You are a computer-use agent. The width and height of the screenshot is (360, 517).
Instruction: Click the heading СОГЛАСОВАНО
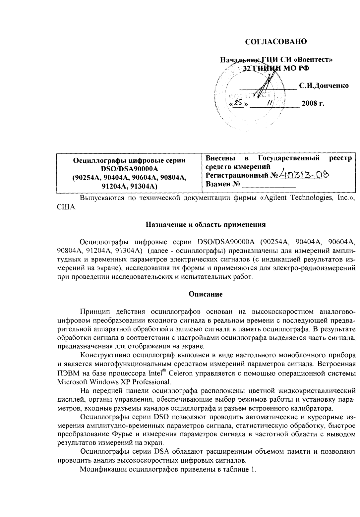(276, 41)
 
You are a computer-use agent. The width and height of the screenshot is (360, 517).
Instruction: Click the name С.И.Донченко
(324, 86)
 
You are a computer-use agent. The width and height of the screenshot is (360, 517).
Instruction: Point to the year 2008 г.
(313, 104)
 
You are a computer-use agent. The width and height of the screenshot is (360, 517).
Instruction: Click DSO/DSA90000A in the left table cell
(129, 169)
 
